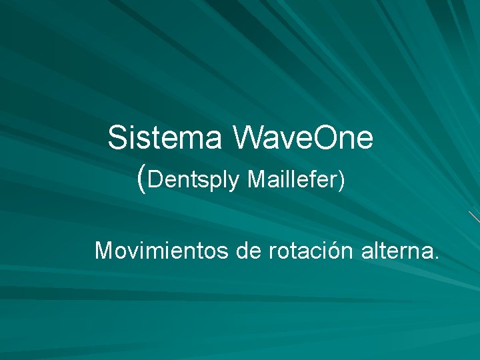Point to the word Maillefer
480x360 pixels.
pyautogui.click(x=293, y=179)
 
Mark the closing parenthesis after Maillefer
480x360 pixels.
pyautogui.click(x=341, y=180)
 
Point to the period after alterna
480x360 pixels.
pyautogui.click(x=436, y=257)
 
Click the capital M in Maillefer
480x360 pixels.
pyautogui.click(x=256, y=179)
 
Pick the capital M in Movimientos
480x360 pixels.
pyautogui.click(x=105, y=251)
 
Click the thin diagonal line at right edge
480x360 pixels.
pyautogui.click(x=474, y=217)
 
